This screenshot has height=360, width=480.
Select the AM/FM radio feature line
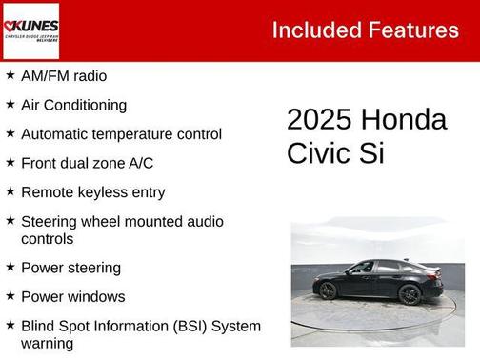pyautogui.click(x=64, y=75)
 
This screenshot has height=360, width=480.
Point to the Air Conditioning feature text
pyautogui.click(x=73, y=105)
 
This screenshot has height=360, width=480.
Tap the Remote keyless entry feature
pyautogui.click(x=92, y=192)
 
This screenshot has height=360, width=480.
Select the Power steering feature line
pyautogui.click(x=70, y=268)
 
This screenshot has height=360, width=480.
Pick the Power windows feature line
pyautogui.click(x=72, y=296)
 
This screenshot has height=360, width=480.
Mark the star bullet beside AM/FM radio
pyautogui.click(x=10, y=74)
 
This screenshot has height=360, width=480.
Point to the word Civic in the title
pyautogui.click(x=321, y=152)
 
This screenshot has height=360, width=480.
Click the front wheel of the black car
pyautogui.click(x=328, y=290)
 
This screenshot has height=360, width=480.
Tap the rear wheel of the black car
pyautogui.click(x=410, y=294)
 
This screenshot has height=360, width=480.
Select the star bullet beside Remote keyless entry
pyautogui.click(x=10, y=191)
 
